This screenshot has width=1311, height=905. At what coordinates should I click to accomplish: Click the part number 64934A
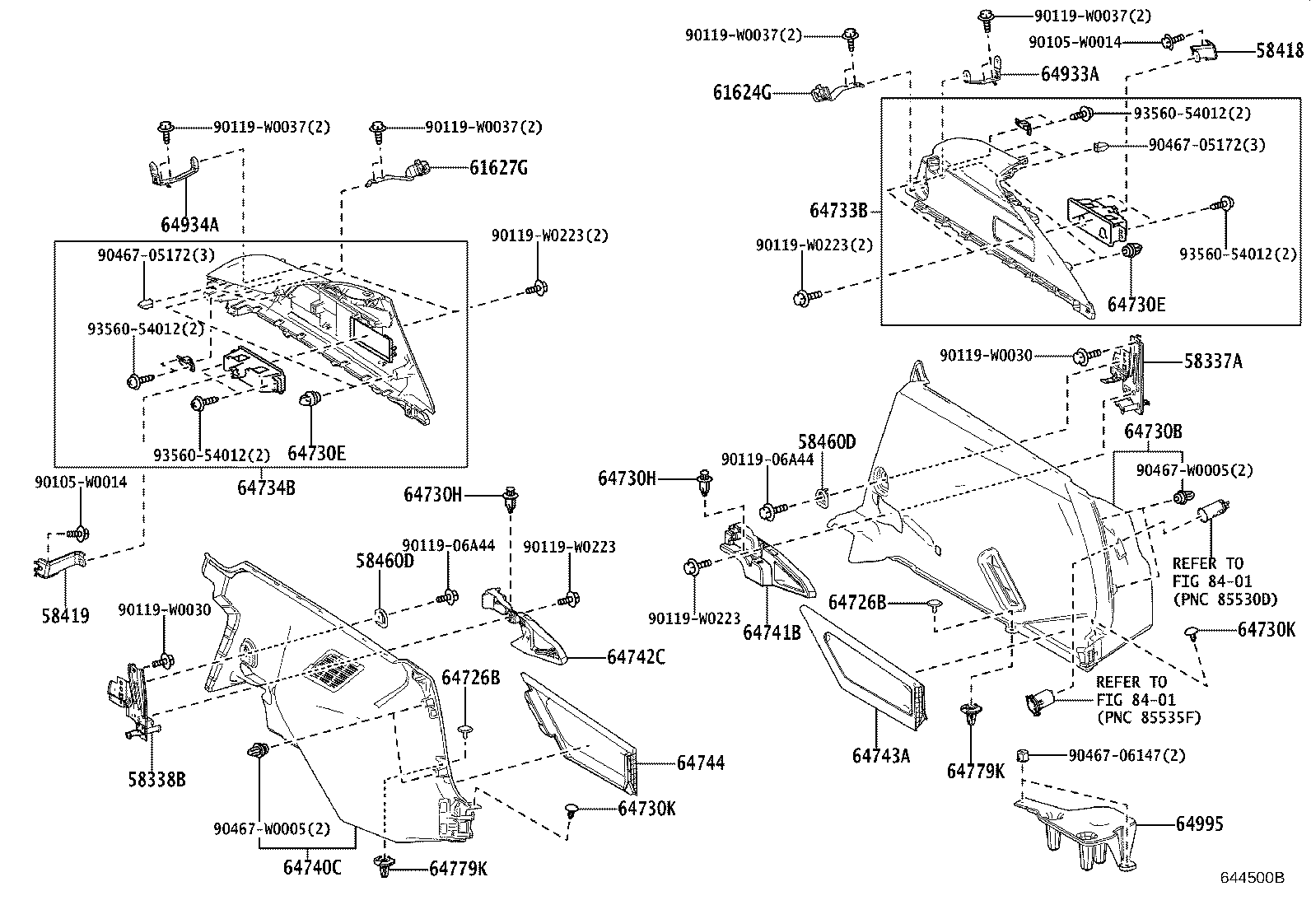point(189,225)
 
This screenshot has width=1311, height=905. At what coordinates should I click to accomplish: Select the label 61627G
point(498,168)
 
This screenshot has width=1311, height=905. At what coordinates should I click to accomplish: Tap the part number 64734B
point(266,487)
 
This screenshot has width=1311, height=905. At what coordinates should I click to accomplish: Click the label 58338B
point(156,777)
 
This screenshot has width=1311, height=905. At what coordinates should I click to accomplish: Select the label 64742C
point(637,657)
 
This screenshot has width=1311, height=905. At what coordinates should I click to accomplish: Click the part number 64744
point(701,763)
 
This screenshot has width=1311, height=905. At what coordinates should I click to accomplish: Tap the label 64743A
point(880,755)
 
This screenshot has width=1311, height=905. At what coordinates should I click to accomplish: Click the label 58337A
point(1213,361)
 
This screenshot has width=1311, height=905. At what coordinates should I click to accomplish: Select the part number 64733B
point(838,211)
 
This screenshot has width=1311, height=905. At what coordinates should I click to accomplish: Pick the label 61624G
point(742,92)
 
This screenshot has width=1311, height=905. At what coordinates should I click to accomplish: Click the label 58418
point(1280,52)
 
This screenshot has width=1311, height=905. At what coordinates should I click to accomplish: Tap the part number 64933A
point(1070,73)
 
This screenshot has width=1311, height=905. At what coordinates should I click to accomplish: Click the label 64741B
point(772,632)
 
